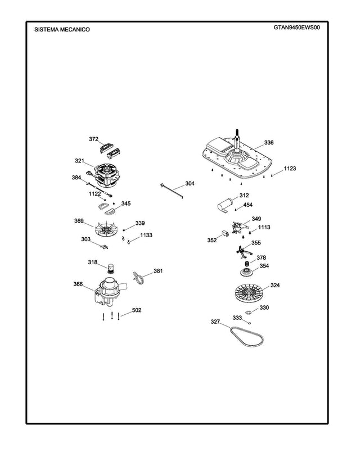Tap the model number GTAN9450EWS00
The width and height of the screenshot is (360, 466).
click(297, 27)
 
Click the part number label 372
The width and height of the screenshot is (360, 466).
click(94, 139)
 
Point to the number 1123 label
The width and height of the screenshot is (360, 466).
click(290, 168)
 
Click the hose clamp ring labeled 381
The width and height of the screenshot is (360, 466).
click(139, 277)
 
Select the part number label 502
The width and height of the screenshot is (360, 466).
click(136, 310)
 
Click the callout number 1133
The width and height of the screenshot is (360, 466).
click(146, 236)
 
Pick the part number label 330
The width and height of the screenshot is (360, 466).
click(264, 307)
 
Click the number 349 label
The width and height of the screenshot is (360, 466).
click(256, 219)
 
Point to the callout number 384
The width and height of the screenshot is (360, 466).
click(76, 177)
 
